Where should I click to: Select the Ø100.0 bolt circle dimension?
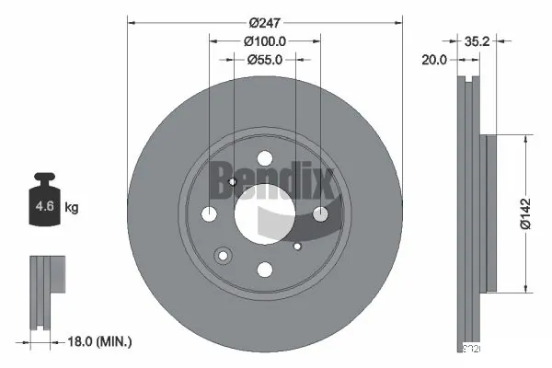coord(265,40)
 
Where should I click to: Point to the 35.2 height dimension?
coord(476,40)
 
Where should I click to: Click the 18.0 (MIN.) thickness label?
coord(102,341)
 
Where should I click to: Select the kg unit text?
coord(71,208)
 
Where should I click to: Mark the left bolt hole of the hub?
coord(209,213)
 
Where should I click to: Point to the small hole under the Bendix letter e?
coord(233,181)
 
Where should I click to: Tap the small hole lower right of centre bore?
coord(296,246)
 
